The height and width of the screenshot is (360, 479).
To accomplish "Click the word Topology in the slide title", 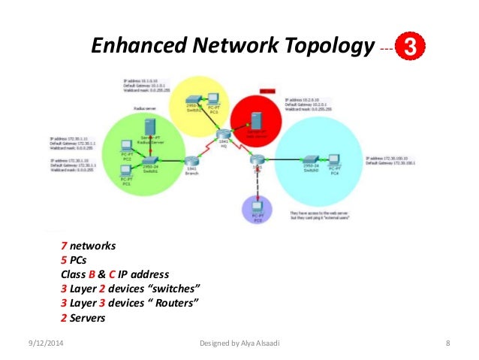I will (330, 47).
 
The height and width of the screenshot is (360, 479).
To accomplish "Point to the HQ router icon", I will (223, 135).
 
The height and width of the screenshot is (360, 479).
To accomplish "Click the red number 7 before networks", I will (64, 246).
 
